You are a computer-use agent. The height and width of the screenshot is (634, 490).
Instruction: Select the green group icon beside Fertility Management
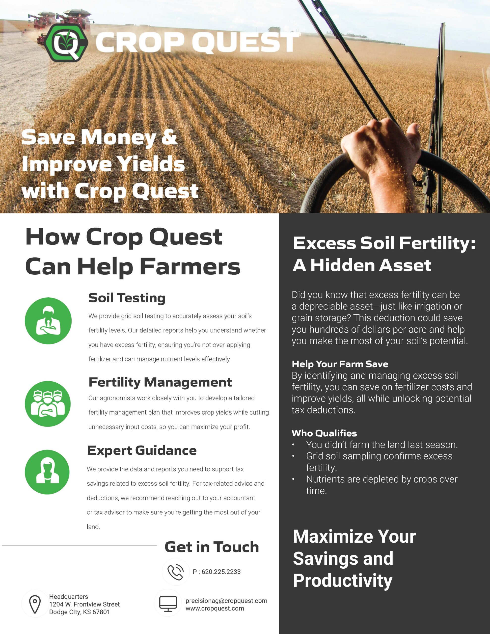[x=48, y=403]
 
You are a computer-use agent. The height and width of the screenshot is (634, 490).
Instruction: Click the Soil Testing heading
[x=127, y=298]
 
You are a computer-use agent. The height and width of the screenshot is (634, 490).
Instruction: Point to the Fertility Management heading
[x=160, y=382]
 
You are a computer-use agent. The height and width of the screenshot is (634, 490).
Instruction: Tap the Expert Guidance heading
[x=142, y=450]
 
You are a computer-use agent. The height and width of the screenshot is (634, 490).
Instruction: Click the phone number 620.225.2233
[x=221, y=572]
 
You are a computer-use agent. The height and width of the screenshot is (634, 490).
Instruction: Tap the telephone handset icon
[x=176, y=572]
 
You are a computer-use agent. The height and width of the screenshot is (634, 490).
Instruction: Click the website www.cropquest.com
[x=215, y=608]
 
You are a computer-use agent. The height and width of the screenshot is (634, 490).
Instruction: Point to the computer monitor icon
[x=168, y=604]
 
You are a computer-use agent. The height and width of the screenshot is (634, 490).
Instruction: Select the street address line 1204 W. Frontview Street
[x=84, y=604]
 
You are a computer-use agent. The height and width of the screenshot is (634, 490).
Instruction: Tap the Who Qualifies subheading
[x=324, y=433]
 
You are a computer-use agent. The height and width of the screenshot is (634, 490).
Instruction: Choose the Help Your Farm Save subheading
[x=340, y=364]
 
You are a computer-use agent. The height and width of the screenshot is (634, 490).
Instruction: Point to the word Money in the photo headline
[x=118, y=138]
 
